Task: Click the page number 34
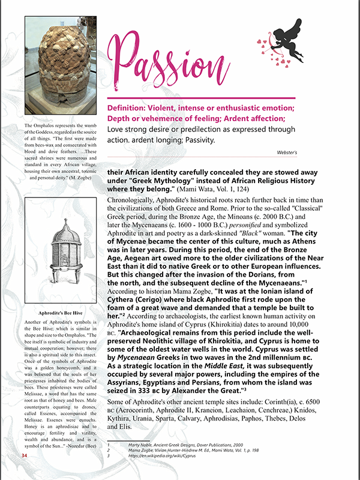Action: click(25, 455)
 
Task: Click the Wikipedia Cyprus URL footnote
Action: click(161, 455)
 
